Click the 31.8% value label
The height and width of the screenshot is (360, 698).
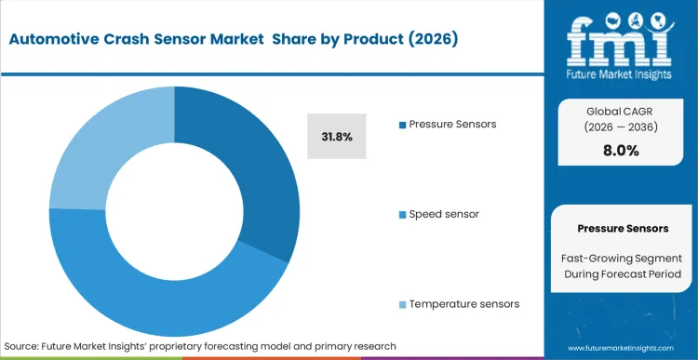tap(337, 137)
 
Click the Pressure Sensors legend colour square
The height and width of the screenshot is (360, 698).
tap(401, 124)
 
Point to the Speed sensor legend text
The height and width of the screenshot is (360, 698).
tap(445, 214)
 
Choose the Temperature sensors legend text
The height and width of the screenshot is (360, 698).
tap(464, 304)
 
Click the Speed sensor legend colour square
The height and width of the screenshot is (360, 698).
tap(401, 214)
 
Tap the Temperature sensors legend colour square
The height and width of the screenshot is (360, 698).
tap(401, 304)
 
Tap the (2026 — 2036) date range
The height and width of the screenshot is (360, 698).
tap(622, 128)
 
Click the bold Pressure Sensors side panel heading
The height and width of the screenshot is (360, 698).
tap(622, 228)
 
